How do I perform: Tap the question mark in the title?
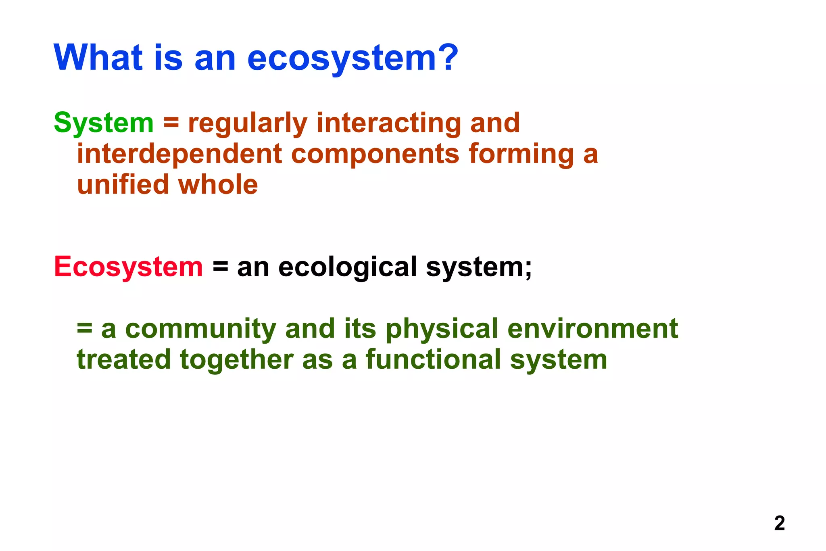pos(448,57)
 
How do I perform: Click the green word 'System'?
pos(104,123)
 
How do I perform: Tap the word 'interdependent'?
pos(179,154)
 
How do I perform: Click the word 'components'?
pos(375,155)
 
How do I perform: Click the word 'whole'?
pos(218,185)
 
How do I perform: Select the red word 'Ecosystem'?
pos(128,267)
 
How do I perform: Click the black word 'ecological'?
pos(347,267)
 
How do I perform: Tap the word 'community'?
pos(200,329)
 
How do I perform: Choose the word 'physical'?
pos(442,329)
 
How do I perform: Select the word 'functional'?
pos(433,360)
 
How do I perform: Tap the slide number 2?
pos(779,523)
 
